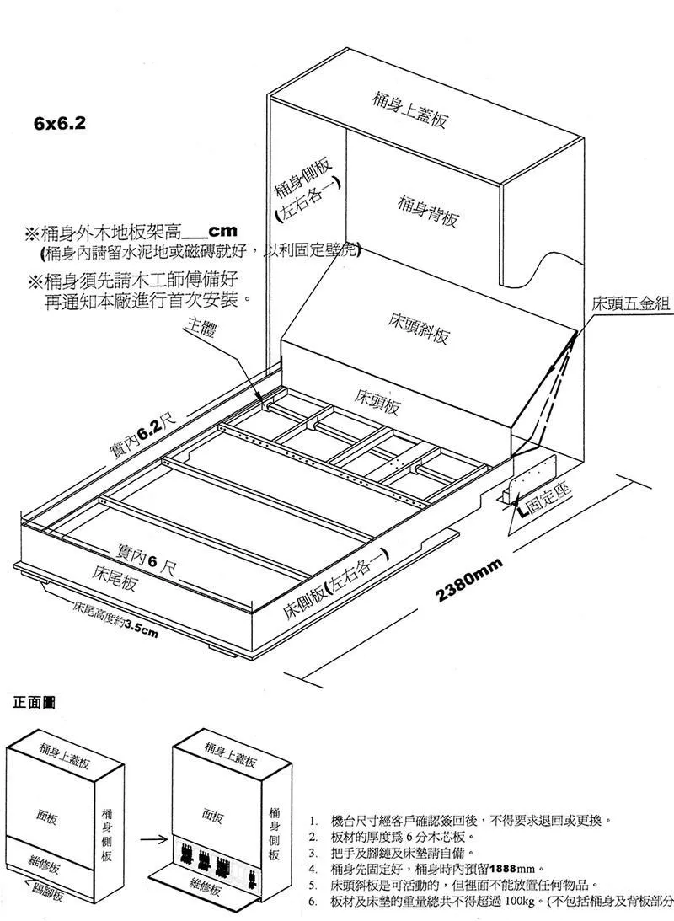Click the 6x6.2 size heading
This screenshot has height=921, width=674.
pyautogui.click(x=60, y=123)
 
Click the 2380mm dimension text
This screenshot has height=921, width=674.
pyautogui.click(x=470, y=581)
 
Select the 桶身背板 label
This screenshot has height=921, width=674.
pyautogui.click(x=427, y=210)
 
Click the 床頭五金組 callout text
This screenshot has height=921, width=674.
pyautogui.click(x=631, y=303)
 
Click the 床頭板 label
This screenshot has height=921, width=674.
pyautogui.click(x=377, y=401)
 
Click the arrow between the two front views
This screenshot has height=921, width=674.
pyautogui.click(x=152, y=839)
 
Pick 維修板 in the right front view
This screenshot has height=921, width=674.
pyautogui.click(x=206, y=886)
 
